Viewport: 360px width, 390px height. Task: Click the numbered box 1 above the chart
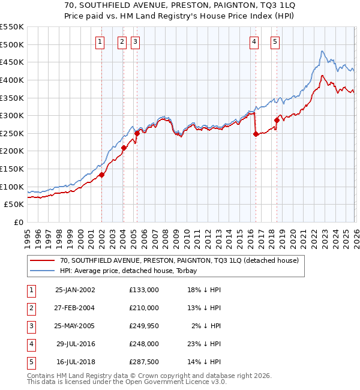[x=99, y=41]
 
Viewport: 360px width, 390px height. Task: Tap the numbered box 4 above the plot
[x=254, y=41]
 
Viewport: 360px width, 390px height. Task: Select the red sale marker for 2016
[x=256, y=134]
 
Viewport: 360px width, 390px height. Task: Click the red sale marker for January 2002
[x=102, y=175]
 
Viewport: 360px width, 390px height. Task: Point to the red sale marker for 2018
[x=277, y=120]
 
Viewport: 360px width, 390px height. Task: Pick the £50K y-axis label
[x=14, y=204]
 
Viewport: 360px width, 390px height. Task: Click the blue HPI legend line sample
[x=43, y=271]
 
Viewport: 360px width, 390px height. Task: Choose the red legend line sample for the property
[x=43, y=260]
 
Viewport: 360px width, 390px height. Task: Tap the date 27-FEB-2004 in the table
[x=75, y=308]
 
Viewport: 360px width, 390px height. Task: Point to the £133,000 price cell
[x=144, y=290]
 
